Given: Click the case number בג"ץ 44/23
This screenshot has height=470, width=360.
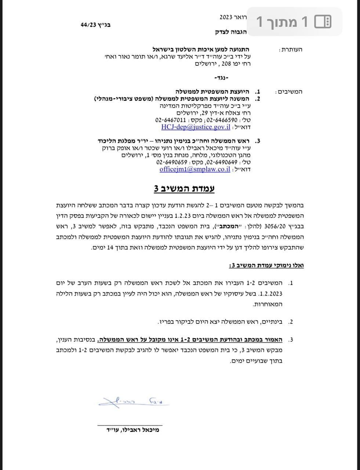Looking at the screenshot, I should (x=96, y=25).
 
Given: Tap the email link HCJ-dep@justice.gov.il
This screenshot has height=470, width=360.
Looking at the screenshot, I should (x=196, y=127).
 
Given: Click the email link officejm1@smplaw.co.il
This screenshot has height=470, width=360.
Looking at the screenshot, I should (x=195, y=169).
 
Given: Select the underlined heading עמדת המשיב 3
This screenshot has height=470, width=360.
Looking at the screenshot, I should (x=184, y=189).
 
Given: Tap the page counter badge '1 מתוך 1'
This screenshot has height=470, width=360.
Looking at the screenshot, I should (x=294, y=22).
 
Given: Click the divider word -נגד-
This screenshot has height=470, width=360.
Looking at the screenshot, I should (x=221, y=78).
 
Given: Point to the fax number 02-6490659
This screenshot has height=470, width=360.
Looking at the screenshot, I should (x=170, y=162).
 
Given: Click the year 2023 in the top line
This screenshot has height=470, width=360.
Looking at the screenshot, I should (x=226, y=17).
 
